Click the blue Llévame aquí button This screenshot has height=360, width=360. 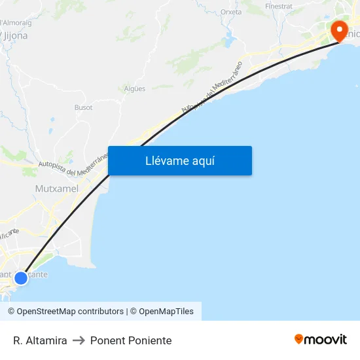[x=179, y=161]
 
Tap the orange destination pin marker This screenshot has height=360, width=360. [x=340, y=30]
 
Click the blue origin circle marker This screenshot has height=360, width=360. [x=21, y=278]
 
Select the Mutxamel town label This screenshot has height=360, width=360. [x=56, y=189]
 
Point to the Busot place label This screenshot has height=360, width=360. [x=83, y=107]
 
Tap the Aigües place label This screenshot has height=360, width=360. [x=134, y=89]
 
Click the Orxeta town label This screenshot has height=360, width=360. [x=231, y=12]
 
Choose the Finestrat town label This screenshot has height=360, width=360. [x=278, y=6]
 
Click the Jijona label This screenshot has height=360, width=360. [x=15, y=36]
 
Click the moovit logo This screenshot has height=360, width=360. [x=321, y=339]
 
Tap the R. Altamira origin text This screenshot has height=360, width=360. [x=40, y=340]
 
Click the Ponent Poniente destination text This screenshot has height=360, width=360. [x=131, y=340]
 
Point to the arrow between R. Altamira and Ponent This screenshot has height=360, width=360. [x=79, y=340]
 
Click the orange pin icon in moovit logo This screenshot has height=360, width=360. [x=299, y=339]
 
